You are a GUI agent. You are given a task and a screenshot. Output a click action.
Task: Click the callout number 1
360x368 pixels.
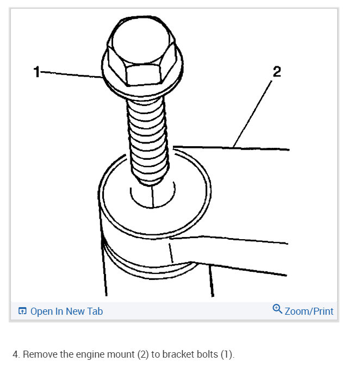(36, 71)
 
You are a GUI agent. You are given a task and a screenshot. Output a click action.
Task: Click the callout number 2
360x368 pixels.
(276, 72)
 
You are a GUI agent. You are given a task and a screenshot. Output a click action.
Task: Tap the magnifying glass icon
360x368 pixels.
(277, 310)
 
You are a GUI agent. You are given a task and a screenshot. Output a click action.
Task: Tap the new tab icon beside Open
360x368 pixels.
(22, 311)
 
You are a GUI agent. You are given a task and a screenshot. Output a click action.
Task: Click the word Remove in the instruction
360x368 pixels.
(40, 354)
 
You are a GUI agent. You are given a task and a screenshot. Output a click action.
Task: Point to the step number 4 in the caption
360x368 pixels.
(15, 354)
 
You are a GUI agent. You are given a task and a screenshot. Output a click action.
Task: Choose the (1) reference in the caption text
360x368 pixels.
(227, 354)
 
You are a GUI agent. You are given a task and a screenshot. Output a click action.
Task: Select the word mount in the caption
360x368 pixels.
(121, 354)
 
